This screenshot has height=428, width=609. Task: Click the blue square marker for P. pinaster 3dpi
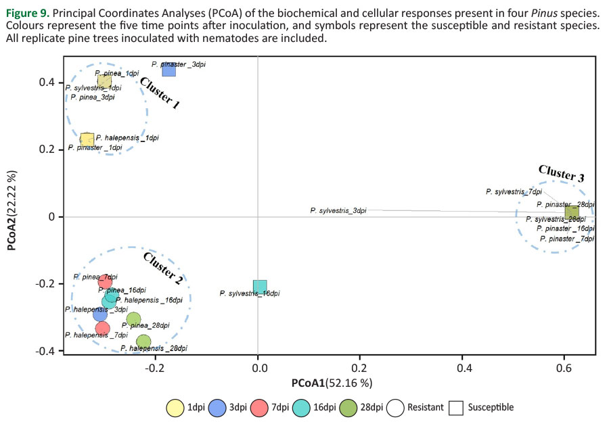pyautogui.click(x=168, y=69)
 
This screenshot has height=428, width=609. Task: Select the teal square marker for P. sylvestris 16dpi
pyautogui.click(x=260, y=287)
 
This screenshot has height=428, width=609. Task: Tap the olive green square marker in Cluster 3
pyautogui.click(x=572, y=212)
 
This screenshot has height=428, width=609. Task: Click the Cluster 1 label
pyautogui.click(x=160, y=93)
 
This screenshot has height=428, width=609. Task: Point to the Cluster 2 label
pyautogui.click(x=163, y=268)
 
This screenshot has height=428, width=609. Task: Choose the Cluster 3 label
pyautogui.click(x=561, y=173)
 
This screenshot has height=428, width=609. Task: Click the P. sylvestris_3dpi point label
pyautogui.click(x=338, y=211)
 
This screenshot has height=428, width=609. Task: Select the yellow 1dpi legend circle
pyautogui.click(x=176, y=408)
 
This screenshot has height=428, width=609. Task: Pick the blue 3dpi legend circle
pyautogui.click(x=219, y=408)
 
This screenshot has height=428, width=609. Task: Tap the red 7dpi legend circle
pyautogui.click(x=261, y=408)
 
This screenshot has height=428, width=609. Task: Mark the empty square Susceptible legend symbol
pyautogui.click(x=457, y=408)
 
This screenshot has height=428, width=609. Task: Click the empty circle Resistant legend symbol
pyautogui.click(x=397, y=408)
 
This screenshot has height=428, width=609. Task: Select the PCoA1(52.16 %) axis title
pyautogui.click(x=332, y=383)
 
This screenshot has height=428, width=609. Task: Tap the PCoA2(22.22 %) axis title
pyautogui.click(x=13, y=211)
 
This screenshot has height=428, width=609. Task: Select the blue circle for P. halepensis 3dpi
pyautogui.click(x=101, y=314)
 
